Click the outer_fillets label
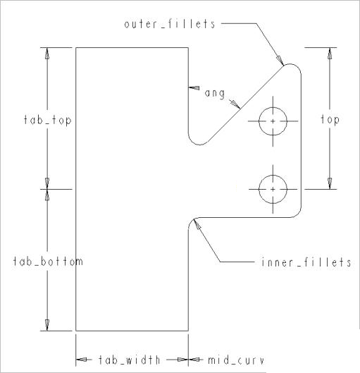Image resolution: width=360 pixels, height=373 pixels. click(170, 24)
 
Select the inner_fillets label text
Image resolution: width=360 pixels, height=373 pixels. click(306, 262)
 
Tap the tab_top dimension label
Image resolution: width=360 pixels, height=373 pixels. click(47, 120)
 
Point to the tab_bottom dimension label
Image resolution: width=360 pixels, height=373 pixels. click(48, 262)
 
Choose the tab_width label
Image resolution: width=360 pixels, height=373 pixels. click(129, 360)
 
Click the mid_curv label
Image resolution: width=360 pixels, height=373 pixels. click(236, 360)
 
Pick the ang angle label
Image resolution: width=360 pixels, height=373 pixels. click(215, 93)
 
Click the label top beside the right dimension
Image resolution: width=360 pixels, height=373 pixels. click(330, 119)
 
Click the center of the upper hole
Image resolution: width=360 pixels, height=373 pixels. click(273, 121)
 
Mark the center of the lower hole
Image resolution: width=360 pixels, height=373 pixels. click(273, 190)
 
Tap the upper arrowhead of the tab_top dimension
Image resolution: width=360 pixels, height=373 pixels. click(47, 54)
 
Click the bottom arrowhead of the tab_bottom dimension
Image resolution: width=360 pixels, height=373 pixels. click(47, 325)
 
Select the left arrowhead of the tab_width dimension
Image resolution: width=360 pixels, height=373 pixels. click(81, 360)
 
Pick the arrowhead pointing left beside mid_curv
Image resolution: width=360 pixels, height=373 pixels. click(194, 360)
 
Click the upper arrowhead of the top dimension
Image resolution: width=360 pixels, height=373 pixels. click(330, 54)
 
